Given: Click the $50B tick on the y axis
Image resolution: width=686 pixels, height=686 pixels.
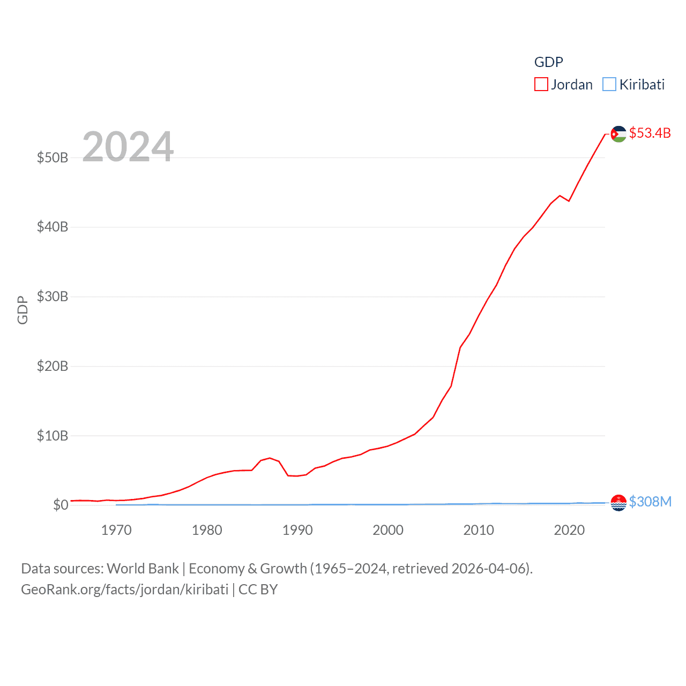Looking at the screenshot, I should pyautogui.click(x=53, y=158).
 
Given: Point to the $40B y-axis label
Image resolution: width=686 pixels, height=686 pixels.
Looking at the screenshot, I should pyautogui.click(x=53, y=227).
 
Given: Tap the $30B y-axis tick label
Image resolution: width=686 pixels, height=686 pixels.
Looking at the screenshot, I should pyautogui.click(x=53, y=296).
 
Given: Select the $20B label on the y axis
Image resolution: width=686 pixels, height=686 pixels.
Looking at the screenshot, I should pyautogui.click(x=53, y=366).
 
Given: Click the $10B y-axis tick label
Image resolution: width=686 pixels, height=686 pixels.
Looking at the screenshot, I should pyautogui.click(x=53, y=436).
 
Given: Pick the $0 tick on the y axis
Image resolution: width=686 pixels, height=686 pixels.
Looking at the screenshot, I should pyautogui.click(x=61, y=505).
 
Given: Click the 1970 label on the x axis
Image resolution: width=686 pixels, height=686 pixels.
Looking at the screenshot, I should pyautogui.click(x=116, y=531).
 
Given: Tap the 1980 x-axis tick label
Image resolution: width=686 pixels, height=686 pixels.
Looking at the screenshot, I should pyautogui.click(x=207, y=531).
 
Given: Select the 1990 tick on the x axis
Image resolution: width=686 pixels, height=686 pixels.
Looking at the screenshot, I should pyautogui.click(x=297, y=531).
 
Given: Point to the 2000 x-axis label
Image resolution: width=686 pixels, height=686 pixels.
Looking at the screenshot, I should pyautogui.click(x=388, y=531).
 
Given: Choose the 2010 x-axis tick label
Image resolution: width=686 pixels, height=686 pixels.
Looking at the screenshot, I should pyautogui.click(x=479, y=531).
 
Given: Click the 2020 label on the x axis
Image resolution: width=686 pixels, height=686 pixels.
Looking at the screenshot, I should pyautogui.click(x=569, y=531).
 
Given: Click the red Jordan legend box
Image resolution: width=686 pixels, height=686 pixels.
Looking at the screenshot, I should pyautogui.click(x=541, y=85).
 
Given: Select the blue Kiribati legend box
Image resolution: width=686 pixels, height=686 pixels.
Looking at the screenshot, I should pyautogui.click(x=609, y=85).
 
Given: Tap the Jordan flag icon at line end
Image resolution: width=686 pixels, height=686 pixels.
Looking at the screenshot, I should pyautogui.click(x=618, y=134).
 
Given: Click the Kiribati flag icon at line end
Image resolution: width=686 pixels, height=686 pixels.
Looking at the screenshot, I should pyautogui.click(x=618, y=503).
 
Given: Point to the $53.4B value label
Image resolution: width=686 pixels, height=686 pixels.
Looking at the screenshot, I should pyautogui.click(x=650, y=133).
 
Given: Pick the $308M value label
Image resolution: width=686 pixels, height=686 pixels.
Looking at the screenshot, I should pyautogui.click(x=650, y=502).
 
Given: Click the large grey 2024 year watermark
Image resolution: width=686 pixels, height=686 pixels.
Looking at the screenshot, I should pyautogui.click(x=128, y=147).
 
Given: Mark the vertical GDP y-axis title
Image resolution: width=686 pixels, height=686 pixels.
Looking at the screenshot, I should pyautogui.click(x=23, y=310).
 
